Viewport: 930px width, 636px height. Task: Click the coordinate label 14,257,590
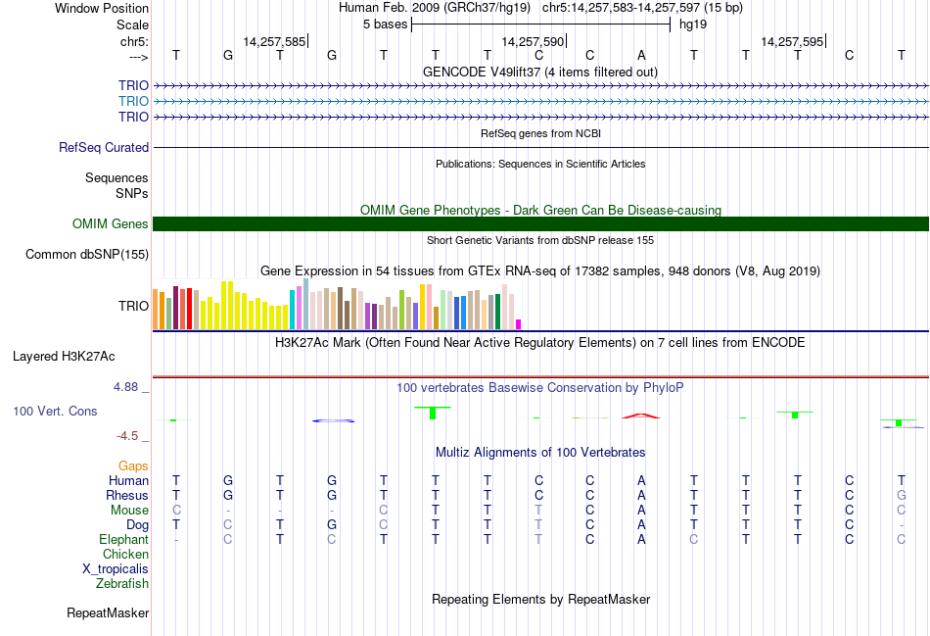click(x=533, y=41)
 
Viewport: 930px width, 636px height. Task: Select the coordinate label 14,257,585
click(x=274, y=41)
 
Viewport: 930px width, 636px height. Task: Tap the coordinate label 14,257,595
click(x=792, y=41)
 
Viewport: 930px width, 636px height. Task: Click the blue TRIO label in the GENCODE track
click(x=133, y=101)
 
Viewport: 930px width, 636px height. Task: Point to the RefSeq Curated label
click(x=104, y=147)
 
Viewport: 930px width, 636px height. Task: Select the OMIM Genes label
click(x=111, y=223)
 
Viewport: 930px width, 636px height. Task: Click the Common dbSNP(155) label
click(x=87, y=255)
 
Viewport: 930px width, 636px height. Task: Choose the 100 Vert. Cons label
click(x=55, y=411)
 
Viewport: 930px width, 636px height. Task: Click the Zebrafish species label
click(x=122, y=583)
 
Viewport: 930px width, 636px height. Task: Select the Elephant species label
click(x=123, y=539)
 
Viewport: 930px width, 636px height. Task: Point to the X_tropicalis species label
click(x=116, y=568)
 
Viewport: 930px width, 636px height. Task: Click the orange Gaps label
click(x=133, y=465)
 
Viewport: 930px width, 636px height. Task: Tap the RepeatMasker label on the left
click(x=108, y=613)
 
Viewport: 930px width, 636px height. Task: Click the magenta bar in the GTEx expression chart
click(x=519, y=323)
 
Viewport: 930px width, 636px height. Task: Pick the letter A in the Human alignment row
click(x=641, y=480)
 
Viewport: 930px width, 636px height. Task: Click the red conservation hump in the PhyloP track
click(x=641, y=416)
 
